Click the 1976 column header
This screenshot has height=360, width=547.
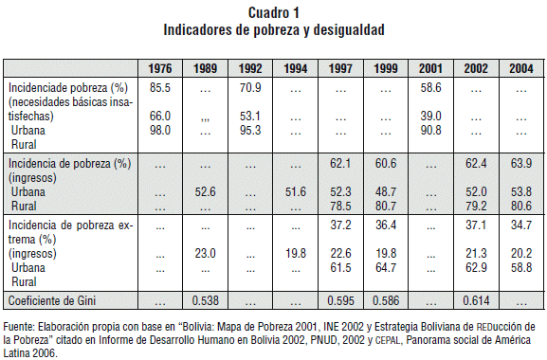click(160, 68)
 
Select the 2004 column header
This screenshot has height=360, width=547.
click(521, 68)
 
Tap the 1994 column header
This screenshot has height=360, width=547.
click(296, 68)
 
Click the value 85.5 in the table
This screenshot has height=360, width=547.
click(160, 87)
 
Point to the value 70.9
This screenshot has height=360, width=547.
click(250, 87)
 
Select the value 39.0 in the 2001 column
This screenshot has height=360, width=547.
click(430, 116)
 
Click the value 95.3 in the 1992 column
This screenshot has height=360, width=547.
click(250, 131)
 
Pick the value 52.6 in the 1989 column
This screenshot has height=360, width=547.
click(205, 192)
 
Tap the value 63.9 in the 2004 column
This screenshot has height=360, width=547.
click(521, 163)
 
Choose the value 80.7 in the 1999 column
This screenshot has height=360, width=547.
click(386, 206)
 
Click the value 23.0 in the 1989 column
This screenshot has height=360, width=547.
click(205, 253)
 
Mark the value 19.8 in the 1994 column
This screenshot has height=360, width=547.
click(296, 253)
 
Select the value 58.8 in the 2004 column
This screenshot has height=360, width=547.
click(521, 268)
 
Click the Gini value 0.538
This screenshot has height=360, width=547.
click(205, 300)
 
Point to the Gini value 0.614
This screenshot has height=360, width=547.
click(476, 300)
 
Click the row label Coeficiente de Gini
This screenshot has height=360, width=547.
click(52, 300)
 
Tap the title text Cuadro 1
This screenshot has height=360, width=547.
click(273, 13)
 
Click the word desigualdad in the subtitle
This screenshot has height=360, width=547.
click(349, 30)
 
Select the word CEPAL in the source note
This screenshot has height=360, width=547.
click(387, 340)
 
